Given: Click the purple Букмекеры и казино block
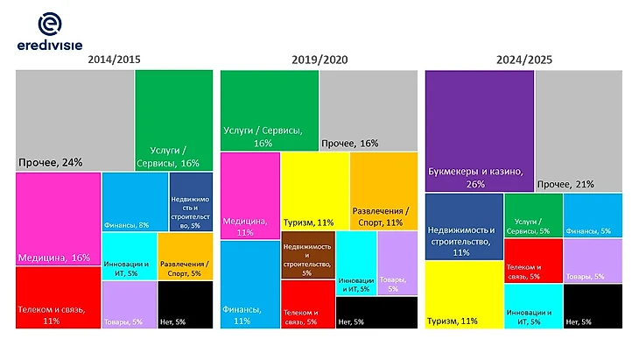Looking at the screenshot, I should tap(479, 130).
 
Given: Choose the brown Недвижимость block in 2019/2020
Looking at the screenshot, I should tap(307, 256).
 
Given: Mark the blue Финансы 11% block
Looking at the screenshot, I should tap(249, 284).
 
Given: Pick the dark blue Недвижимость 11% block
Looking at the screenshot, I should tap(463, 227).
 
